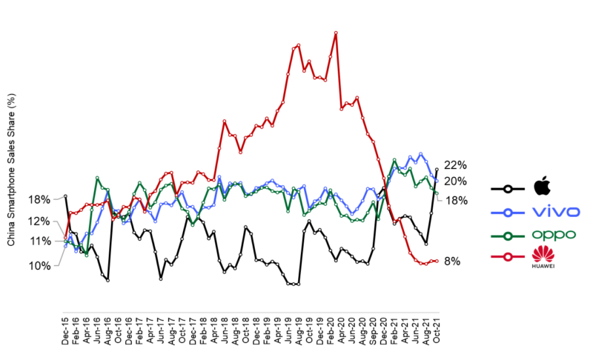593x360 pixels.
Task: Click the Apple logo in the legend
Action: pos(543,186)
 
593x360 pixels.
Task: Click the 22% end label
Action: pos(454,165)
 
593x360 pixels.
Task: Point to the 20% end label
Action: pos(454,181)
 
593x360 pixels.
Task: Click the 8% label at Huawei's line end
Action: pos(452,261)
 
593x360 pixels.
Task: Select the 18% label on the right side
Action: pos(454,201)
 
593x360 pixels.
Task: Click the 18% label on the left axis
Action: pos(40,199)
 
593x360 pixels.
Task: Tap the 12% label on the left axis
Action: pos(40,221)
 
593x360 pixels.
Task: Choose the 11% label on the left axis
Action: pos(40,241)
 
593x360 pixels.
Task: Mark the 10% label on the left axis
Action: pos(40,266)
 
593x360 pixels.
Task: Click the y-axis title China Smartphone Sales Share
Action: pos(11,170)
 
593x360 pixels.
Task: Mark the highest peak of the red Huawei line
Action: pos(336,33)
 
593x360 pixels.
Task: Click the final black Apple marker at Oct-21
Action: pos(437,170)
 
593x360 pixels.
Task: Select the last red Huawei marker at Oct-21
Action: pos(437,261)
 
